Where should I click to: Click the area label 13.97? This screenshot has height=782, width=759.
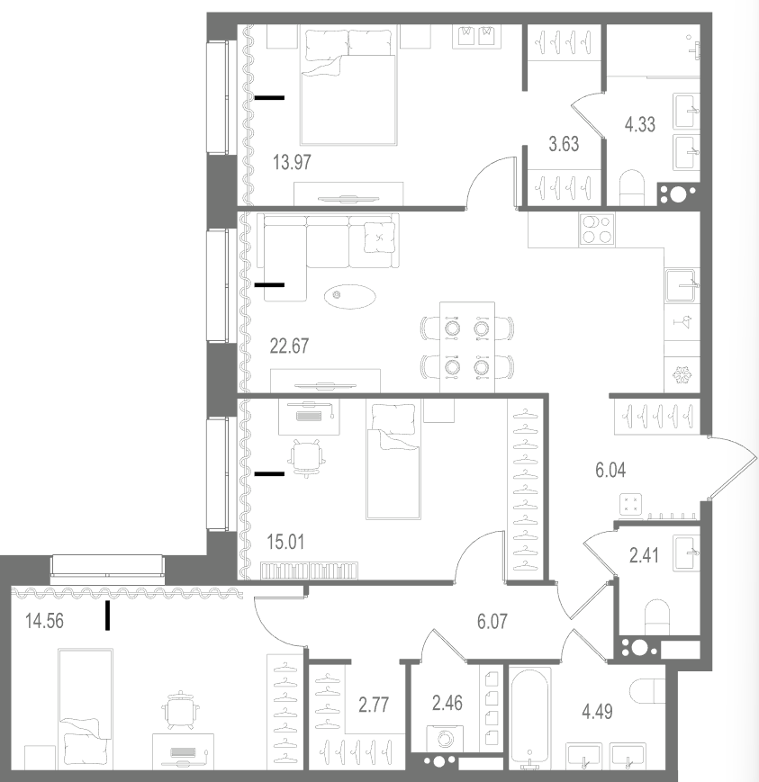292,163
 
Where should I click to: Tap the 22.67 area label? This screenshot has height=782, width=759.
289,346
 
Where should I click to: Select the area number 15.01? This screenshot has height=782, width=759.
285,542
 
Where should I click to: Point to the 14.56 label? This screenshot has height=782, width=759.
44,622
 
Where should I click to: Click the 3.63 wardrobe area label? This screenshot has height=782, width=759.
564,144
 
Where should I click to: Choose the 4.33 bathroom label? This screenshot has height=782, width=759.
640,124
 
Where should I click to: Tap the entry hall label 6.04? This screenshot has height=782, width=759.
610,471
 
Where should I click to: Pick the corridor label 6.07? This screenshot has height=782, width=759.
492,622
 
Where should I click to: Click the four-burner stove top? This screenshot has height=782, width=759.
597,229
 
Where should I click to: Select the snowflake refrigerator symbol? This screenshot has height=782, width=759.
681,375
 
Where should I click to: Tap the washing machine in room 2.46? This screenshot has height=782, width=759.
445,739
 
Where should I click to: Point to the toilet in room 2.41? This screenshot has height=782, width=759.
656,617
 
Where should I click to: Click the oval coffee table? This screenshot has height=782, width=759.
350,296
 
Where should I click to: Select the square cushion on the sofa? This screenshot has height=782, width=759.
380,237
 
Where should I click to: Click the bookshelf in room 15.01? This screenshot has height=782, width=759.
310,571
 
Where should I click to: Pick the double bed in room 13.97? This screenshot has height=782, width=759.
348,87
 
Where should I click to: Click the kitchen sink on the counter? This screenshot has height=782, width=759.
681,285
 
